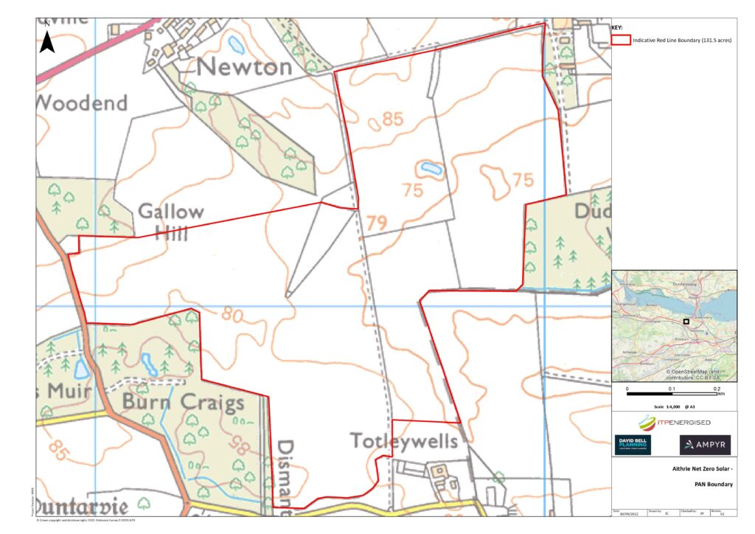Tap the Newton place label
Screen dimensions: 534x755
click(245, 67)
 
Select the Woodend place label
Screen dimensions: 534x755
click(81, 103)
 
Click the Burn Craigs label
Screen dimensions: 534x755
click(183, 403)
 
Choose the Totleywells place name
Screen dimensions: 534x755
click(404, 441)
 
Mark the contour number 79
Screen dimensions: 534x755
click(376, 221)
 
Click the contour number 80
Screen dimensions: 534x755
click(231, 316)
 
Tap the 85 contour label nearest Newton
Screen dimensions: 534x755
click(393, 118)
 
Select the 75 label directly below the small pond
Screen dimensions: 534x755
click(414, 190)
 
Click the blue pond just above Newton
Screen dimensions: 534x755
click(236, 46)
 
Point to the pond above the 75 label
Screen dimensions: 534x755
click(428, 169)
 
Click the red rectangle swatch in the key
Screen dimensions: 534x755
click(620, 40)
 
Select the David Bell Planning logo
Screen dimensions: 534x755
click(633, 445)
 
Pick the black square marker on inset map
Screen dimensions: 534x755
click(686, 322)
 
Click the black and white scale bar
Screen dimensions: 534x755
click(672, 395)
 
